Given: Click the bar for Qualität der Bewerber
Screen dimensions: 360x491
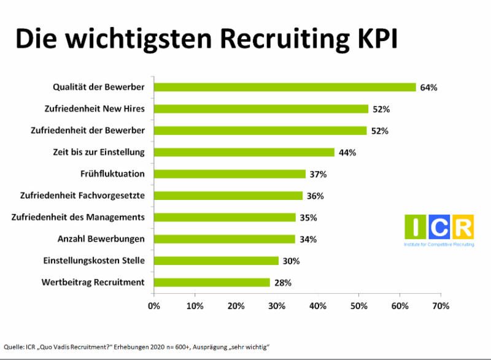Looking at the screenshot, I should click(x=285, y=87).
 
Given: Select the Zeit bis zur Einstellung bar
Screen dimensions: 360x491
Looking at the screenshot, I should click(x=244, y=152).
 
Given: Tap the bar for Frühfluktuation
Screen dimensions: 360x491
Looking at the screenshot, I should click(x=230, y=174).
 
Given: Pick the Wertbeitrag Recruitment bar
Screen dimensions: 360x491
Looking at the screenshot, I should click(x=212, y=282).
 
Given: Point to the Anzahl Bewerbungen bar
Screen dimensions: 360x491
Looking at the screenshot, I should click(x=224, y=239).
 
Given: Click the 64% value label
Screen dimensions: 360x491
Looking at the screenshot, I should click(x=428, y=88).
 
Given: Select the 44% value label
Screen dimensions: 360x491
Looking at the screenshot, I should click(x=347, y=153).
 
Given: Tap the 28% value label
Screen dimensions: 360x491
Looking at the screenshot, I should click(x=282, y=283).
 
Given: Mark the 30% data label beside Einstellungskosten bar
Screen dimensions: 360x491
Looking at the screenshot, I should click(x=291, y=261).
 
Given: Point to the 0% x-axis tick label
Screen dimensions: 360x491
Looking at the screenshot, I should click(x=154, y=305).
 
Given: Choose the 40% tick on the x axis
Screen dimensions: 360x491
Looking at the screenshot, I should click(x=318, y=305).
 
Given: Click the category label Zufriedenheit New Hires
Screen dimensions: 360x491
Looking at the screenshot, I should click(x=95, y=109).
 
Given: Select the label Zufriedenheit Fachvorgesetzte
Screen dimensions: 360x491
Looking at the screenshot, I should click(x=87, y=196).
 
